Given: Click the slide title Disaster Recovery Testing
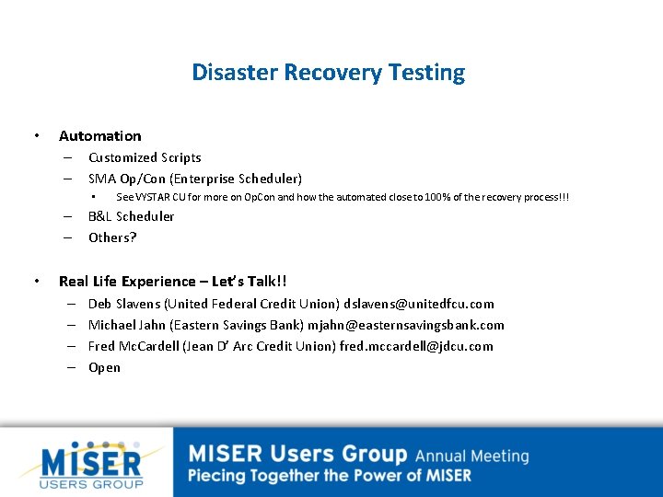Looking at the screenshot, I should (329, 72).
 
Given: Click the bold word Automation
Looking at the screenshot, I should (99, 136).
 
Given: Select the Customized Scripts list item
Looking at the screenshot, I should (145, 157).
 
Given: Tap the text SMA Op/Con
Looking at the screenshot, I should (126, 179).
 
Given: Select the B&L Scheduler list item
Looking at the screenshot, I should (131, 216).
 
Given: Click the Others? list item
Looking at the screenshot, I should (112, 237).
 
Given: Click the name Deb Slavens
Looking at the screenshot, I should (123, 304).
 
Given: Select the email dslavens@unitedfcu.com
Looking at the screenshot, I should (419, 304).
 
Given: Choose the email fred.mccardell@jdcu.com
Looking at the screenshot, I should (416, 346).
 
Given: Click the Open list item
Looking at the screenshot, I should (104, 367).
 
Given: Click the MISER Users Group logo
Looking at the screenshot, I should (90, 464).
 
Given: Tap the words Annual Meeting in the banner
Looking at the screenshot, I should (471, 456).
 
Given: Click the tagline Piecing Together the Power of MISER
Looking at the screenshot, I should (330, 476).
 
